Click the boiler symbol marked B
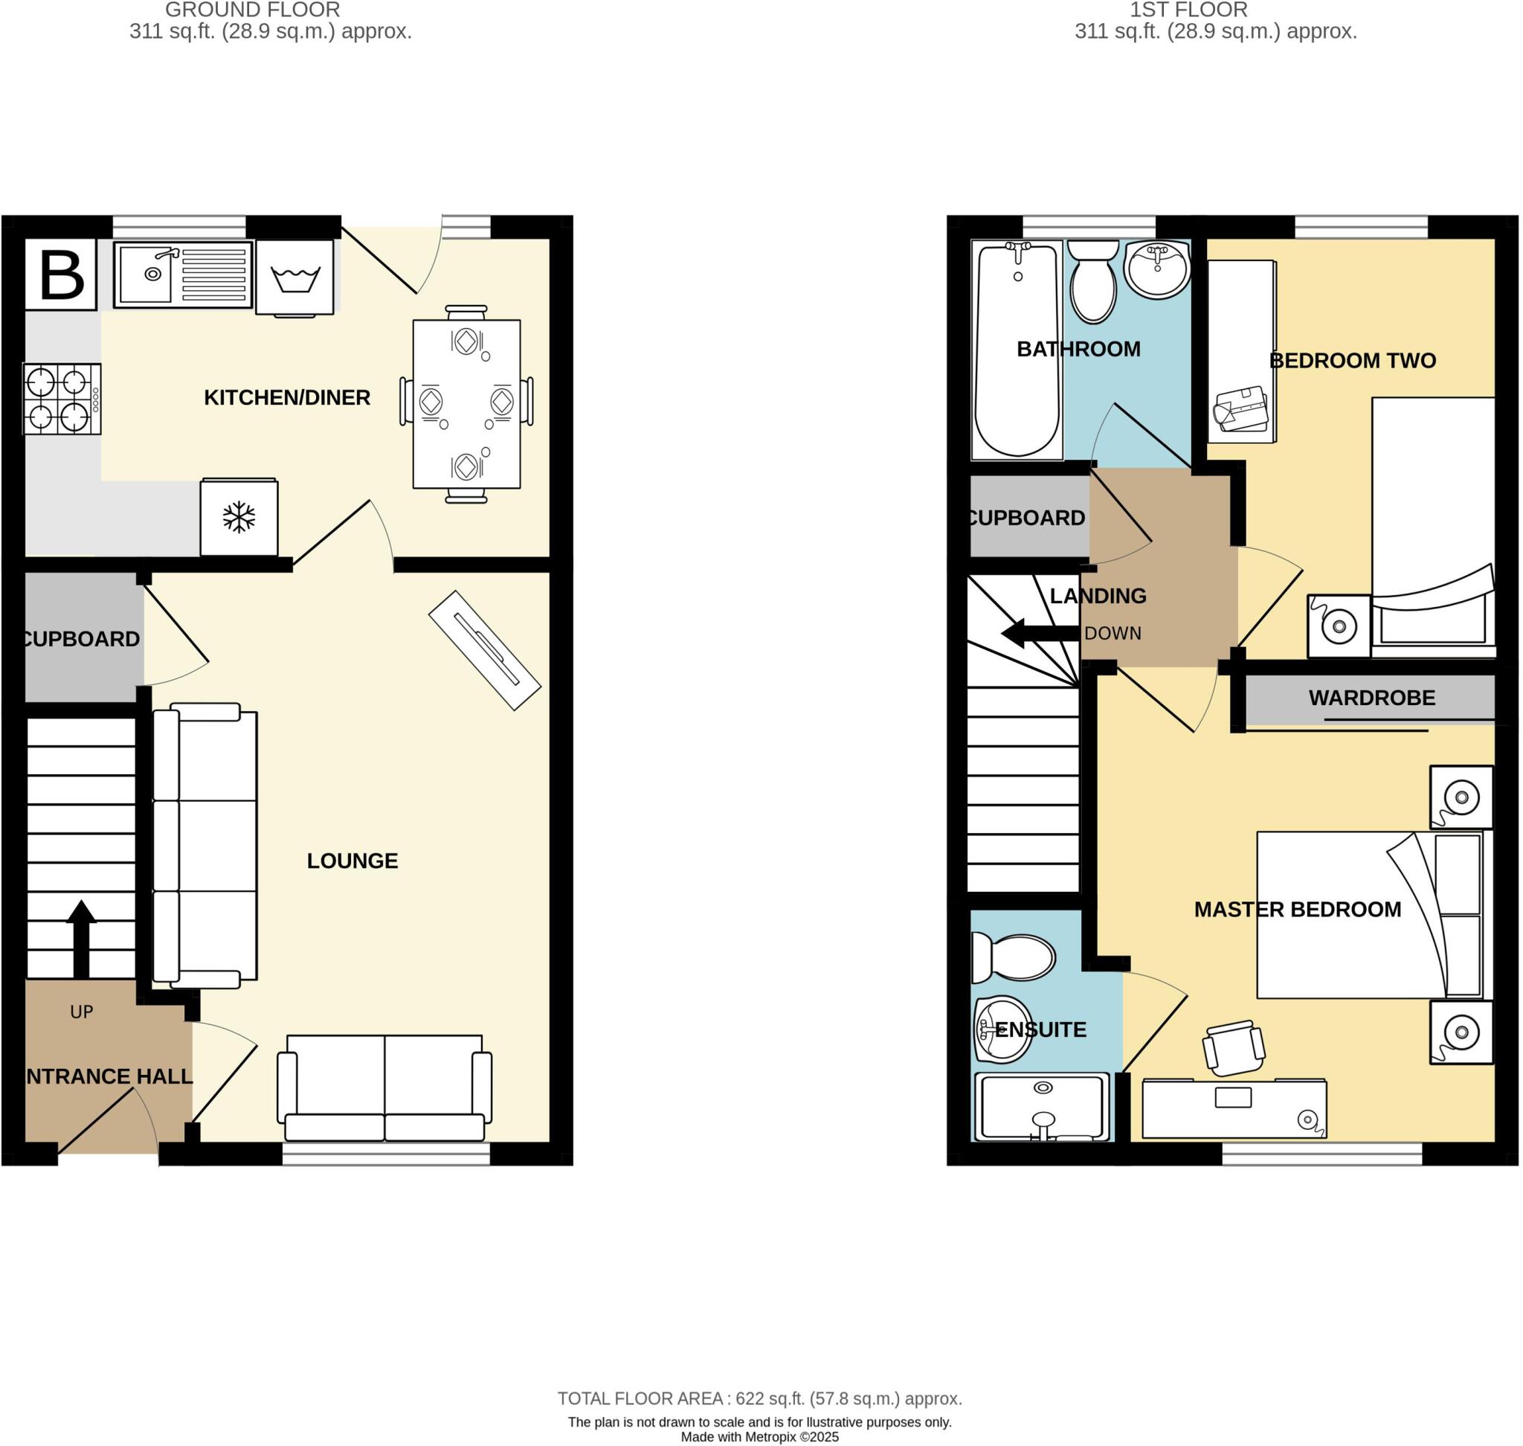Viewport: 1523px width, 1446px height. tap(61, 274)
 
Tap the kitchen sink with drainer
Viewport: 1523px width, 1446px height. tap(183, 274)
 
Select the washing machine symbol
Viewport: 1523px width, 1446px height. tap(294, 277)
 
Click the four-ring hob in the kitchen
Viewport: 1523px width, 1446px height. tap(62, 399)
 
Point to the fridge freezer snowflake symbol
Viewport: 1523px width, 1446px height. tap(239, 517)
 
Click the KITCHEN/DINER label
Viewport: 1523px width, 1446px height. tap(287, 398)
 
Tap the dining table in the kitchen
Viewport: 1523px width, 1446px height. tap(466, 404)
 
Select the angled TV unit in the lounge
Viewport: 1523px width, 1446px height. tap(484, 650)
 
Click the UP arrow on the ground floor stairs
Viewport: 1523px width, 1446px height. tap(81, 936)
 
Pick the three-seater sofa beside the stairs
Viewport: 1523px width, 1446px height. tap(205, 846)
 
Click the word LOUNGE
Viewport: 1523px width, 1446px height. tap(352, 861)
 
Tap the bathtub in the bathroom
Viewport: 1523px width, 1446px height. tap(1017, 350)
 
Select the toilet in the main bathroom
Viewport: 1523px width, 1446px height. tap(1094, 281)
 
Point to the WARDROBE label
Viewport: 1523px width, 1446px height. tap(1371, 698)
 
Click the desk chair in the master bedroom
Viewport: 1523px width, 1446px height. tap(1233, 1047)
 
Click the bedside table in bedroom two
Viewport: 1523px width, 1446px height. tap(1339, 626)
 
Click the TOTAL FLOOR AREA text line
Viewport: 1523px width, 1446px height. tap(759, 1398)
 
